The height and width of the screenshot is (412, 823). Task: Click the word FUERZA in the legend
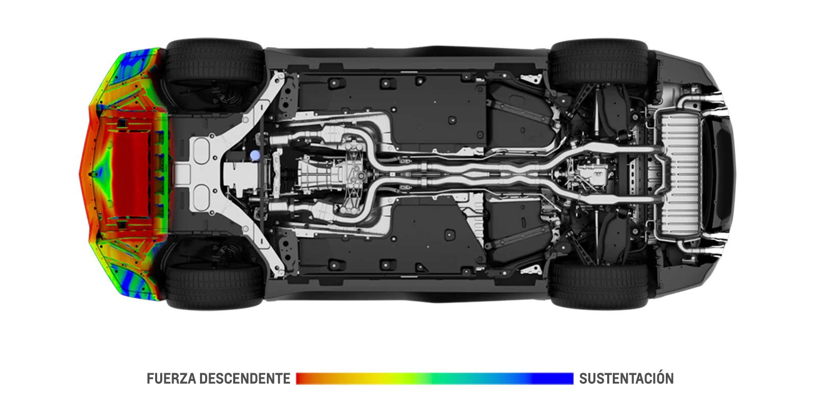point(170,378)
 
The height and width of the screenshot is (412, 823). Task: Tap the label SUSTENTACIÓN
point(627,378)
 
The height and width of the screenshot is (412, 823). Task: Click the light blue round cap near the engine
point(255,155)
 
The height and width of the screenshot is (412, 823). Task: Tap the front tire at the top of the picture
point(214,62)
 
